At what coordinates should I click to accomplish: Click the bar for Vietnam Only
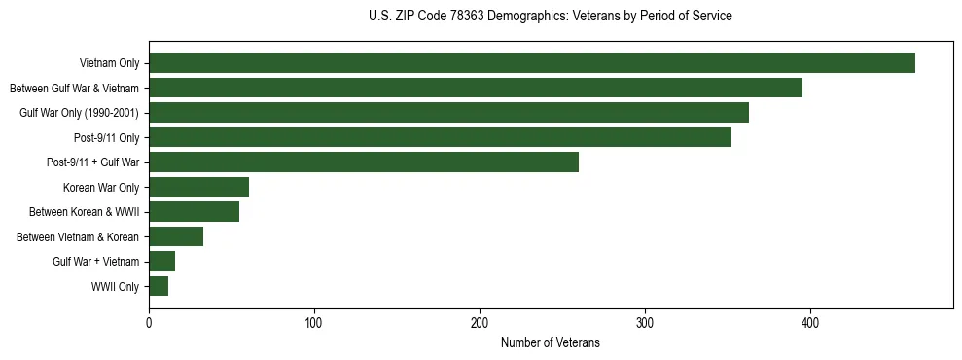(532, 63)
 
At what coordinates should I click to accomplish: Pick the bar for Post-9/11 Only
(440, 137)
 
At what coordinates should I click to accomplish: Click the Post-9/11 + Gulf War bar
(364, 162)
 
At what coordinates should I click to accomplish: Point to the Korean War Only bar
(198, 187)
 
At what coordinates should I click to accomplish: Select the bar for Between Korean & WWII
(194, 212)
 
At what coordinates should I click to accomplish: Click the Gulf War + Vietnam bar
(161, 262)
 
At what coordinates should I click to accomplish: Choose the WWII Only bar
(159, 286)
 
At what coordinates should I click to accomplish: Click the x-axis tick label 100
(314, 323)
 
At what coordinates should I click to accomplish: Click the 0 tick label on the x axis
(149, 323)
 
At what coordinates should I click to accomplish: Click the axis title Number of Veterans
(551, 343)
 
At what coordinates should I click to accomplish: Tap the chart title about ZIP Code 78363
(551, 17)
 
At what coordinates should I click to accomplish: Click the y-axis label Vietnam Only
(109, 64)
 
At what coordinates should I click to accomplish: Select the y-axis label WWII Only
(115, 287)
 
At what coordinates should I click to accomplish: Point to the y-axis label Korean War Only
(101, 188)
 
